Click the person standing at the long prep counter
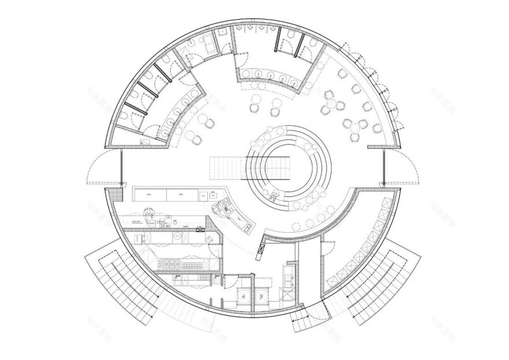pos(149,214)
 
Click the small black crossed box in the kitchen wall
pos(201,230)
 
